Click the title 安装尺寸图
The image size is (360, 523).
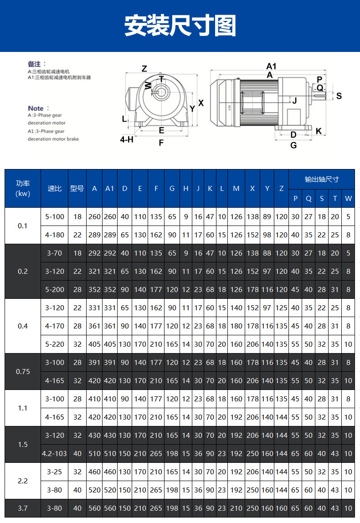[x=180, y=26]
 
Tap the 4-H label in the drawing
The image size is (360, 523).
[x=127, y=139]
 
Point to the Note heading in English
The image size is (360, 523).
[x=36, y=108]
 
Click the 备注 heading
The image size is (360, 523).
[x=37, y=64]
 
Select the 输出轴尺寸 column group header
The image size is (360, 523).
[x=322, y=179]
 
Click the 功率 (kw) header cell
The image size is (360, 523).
[x=23, y=189]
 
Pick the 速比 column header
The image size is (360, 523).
[x=55, y=189]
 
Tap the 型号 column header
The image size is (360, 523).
[x=77, y=189]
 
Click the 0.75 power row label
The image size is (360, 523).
[x=23, y=371]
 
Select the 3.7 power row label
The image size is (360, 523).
[x=23, y=508]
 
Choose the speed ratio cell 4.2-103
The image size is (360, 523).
[x=55, y=453]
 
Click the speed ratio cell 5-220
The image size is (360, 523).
[x=55, y=344]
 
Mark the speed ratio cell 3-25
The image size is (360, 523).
[x=55, y=472]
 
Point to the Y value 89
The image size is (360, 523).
[x=267, y=217]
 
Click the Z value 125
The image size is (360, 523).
[x=281, y=308]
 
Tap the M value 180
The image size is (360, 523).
[x=236, y=326]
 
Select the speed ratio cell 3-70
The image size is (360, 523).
[x=55, y=253]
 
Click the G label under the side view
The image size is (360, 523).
[x=293, y=145]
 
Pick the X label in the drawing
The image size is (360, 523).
[x=201, y=103]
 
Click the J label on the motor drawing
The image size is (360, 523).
[x=294, y=100]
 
